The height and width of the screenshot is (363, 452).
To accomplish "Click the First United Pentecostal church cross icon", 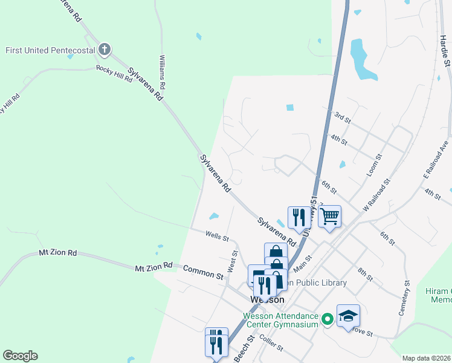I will coord(105,49).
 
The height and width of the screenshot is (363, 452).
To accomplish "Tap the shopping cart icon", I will coord(329,216).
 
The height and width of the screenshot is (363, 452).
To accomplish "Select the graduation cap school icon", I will coord(348,315).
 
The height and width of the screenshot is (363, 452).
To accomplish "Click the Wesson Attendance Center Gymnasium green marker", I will coord(328,318).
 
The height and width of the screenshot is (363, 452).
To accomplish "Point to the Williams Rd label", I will coord(162,72).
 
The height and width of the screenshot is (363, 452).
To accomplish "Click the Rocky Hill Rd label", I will coord(114,69).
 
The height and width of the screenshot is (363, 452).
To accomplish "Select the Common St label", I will coord(203,272).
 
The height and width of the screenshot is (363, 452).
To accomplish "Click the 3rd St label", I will coord(343,117).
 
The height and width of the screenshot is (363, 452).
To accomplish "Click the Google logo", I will coord(21,355).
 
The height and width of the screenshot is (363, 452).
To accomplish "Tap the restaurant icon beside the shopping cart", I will coord(299,217).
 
